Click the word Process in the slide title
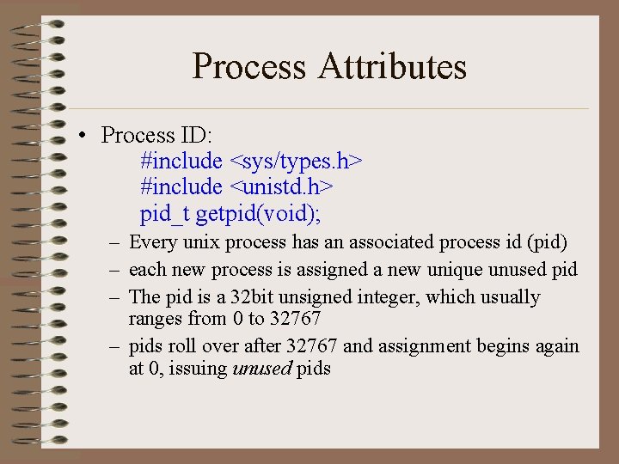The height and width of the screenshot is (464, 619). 249,67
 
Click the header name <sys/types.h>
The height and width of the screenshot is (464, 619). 296,161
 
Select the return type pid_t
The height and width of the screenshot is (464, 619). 165,212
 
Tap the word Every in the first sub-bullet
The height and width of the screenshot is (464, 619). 152,242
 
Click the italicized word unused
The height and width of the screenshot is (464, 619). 261,369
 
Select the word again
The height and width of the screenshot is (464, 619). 558,346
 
